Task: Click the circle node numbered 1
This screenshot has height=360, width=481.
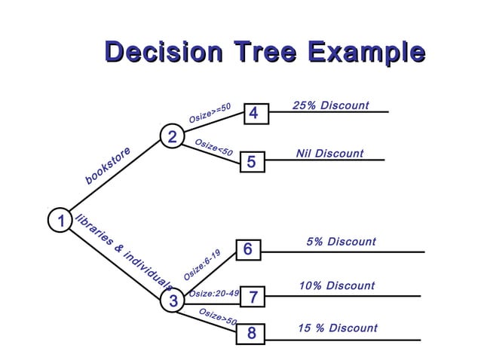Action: point(59,221)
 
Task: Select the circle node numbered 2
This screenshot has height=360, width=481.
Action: point(172,138)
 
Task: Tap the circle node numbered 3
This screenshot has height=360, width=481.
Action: point(173,301)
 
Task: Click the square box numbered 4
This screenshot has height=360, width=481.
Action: point(253,114)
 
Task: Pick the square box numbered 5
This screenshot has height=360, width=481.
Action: point(252,162)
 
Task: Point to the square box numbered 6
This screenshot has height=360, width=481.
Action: point(248,250)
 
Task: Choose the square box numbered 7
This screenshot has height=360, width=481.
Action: point(253,298)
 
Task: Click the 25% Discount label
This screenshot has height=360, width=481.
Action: point(330,105)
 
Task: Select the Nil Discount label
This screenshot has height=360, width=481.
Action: point(329,154)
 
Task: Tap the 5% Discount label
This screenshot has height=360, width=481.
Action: point(341,242)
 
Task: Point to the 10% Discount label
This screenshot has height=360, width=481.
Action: point(336,285)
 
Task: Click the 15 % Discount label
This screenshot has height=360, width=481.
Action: point(337,328)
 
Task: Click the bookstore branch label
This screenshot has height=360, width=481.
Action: point(108,166)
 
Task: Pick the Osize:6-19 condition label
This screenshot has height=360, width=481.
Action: point(201,265)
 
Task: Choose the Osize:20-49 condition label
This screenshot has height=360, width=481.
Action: point(213,293)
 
